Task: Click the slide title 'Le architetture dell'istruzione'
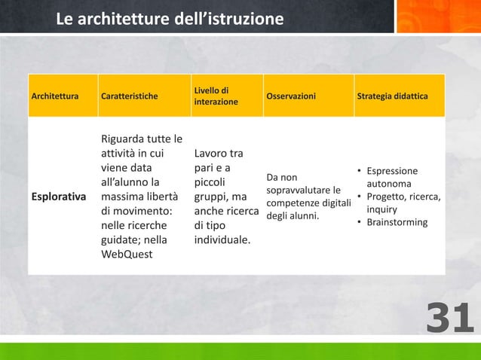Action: click(x=170, y=17)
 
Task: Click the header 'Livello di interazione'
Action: click(x=216, y=96)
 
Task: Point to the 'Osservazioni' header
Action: click(x=291, y=96)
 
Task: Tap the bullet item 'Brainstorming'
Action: click(x=397, y=222)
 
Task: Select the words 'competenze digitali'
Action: click(x=309, y=203)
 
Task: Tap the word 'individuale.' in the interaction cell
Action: click(x=222, y=240)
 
